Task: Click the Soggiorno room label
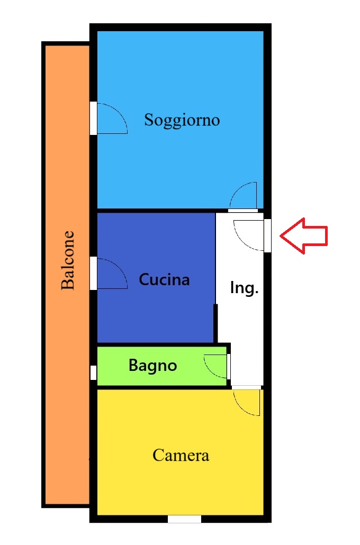[182, 120]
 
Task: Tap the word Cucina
[164, 279]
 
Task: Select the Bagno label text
[152, 366]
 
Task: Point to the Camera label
[181, 456]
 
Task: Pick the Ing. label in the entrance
[244, 288]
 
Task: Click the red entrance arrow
[304, 236]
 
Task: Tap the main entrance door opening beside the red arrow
[267, 235]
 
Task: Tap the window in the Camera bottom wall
[184, 519]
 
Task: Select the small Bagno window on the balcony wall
[93, 373]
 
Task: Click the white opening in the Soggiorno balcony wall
[93, 118]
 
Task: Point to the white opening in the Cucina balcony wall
[93, 274]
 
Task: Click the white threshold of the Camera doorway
[246, 387]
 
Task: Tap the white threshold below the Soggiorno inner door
[243, 211]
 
